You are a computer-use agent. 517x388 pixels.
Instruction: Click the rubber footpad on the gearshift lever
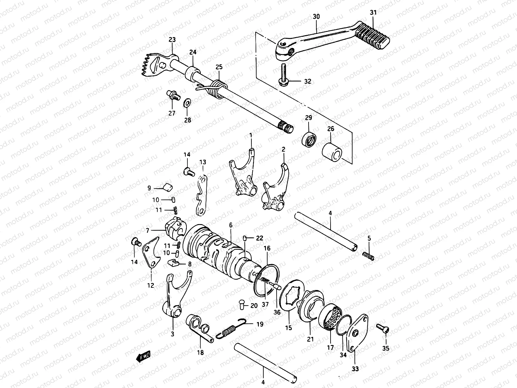(x=373, y=37)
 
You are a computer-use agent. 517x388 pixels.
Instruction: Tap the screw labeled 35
(x=384, y=329)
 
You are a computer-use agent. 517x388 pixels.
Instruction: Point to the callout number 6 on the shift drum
(x=231, y=225)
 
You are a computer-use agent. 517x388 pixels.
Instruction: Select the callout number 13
(x=203, y=162)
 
